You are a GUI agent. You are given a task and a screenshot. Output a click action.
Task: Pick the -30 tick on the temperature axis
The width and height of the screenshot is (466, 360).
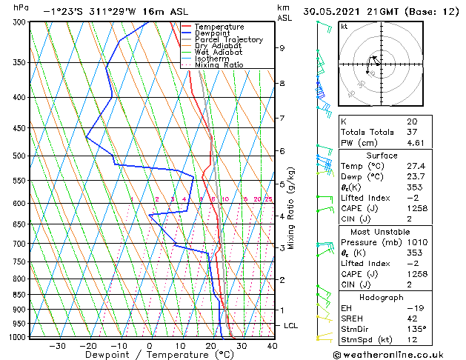[57, 345]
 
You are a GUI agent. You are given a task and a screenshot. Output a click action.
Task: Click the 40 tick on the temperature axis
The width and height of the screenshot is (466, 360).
[272, 345]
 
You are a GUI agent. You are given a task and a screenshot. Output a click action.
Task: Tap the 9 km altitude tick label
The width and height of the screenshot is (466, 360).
[282, 48]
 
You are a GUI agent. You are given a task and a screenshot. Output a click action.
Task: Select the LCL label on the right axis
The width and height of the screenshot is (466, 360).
[292, 326]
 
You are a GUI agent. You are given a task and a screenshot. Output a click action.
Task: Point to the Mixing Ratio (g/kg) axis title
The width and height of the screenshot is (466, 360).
[291, 207]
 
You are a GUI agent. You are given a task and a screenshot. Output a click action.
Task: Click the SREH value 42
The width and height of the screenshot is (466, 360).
[412, 318]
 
